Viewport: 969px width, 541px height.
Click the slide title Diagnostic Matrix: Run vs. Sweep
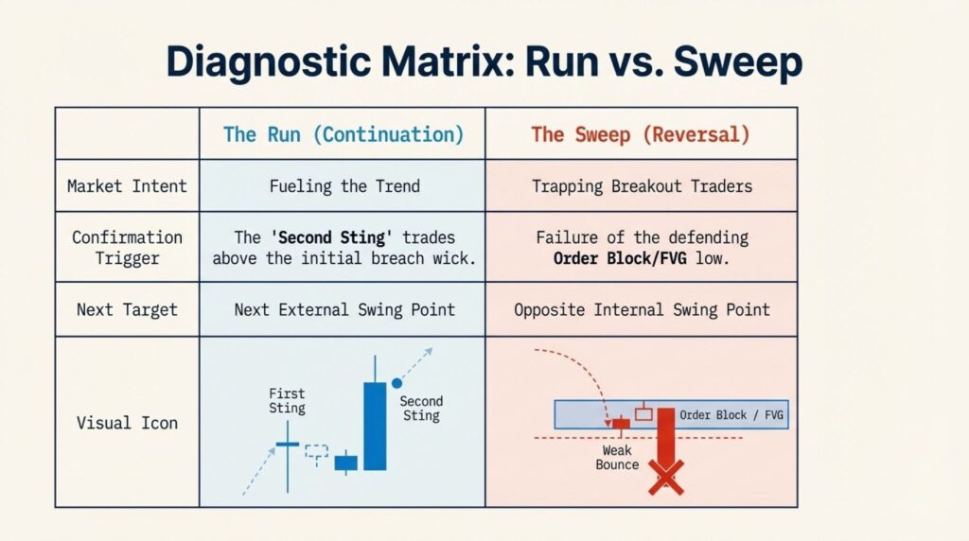click(x=484, y=62)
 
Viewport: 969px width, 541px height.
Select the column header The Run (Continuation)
click(x=344, y=134)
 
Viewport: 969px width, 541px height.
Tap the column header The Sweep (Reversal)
click(x=641, y=134)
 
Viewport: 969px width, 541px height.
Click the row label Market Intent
click(x=127, y=186)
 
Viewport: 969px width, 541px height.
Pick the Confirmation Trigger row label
click(x=127, y=248)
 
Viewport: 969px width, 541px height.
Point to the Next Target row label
click(x=127, y=309)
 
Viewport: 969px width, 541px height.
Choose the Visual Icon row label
click(x=127, y=423)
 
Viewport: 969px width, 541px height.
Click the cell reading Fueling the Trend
click(x=344, y=186)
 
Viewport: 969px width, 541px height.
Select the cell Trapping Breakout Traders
click(x=643, y=186)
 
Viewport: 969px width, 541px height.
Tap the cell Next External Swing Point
click(x=344, y=309)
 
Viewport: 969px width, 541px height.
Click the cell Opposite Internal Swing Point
click(x=643, y=309)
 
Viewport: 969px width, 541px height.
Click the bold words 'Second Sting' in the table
click(x=332, y=237)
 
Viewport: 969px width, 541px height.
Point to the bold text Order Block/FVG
click(x=620, y=258)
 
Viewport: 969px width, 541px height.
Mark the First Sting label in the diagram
click(x=287, y=401)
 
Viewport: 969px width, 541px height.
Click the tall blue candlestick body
click(x=375, y=427)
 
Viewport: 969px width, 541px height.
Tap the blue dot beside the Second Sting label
click(x=396, y=383)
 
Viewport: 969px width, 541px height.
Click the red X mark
click(x=666, y=478)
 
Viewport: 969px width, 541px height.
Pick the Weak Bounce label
click(x=617, y=458)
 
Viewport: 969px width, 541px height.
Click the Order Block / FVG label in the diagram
click(x=731, y=415)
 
